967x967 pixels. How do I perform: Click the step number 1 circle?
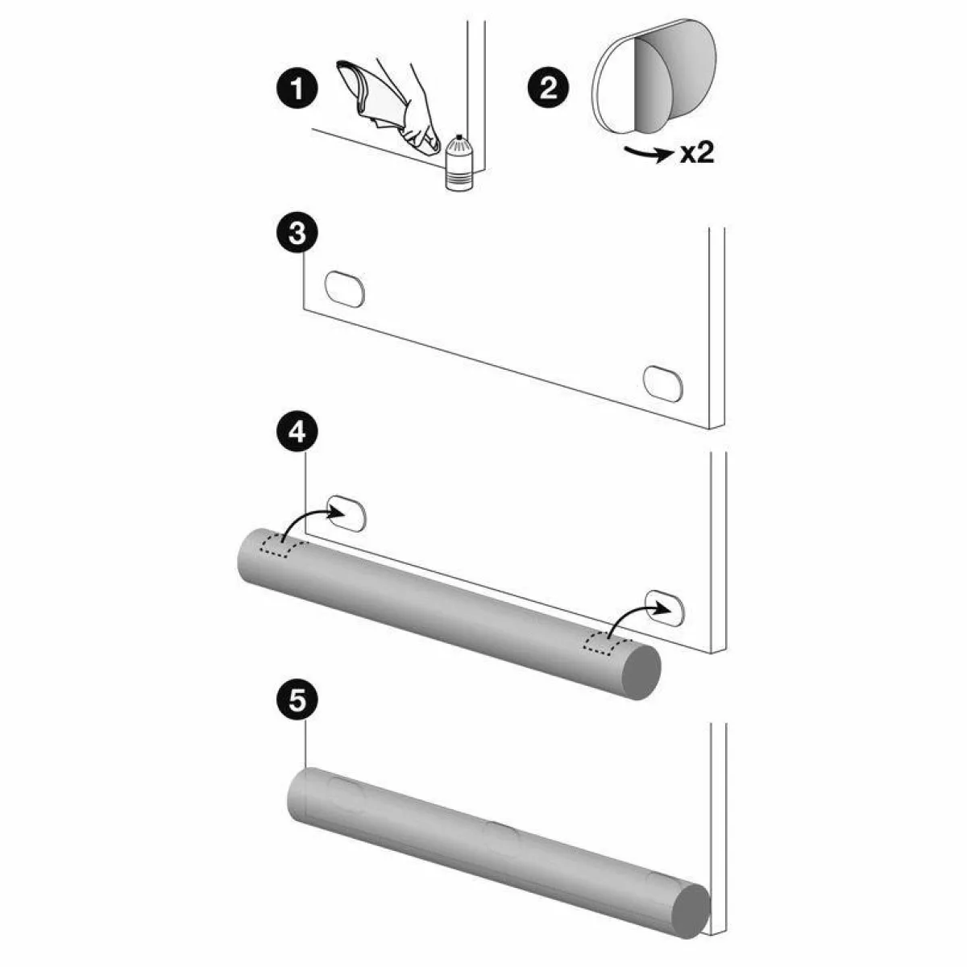tap(297, 89)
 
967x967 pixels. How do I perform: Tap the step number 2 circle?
tap(548, 89)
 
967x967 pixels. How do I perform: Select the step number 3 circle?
tap(297, 234)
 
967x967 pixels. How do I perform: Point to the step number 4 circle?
tap(297, 433)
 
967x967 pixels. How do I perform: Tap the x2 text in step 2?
tap(696, 152)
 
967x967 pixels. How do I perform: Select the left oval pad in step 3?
tap(345, 289)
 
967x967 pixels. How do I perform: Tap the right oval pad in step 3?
tap(663, 384)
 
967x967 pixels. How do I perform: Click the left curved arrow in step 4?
tap(312, 522)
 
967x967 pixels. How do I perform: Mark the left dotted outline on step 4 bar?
tap(284, 547)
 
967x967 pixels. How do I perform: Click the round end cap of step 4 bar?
tap(641, 672)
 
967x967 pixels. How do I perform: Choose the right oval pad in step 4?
tap(664, 608)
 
